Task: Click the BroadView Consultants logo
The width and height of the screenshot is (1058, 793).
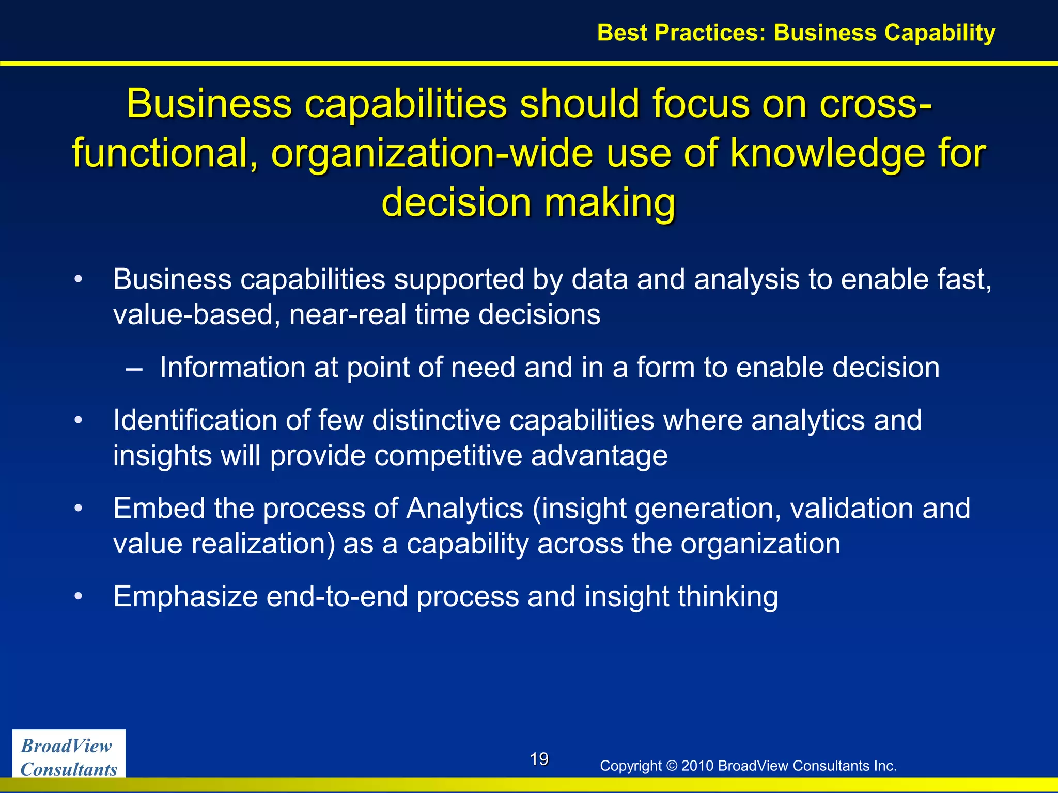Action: point(69,757)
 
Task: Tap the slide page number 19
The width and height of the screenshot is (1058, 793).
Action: point(539,759)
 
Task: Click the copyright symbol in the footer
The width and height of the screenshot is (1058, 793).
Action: point(671,766)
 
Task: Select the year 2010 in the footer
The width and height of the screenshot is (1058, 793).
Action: point(697,766)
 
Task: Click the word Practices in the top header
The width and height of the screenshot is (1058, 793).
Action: point(710,33)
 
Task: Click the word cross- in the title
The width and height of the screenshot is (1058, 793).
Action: point(876,104)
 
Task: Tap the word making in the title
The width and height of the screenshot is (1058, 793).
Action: point(610,202)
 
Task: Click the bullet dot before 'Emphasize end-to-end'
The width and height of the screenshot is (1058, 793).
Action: point(78,596)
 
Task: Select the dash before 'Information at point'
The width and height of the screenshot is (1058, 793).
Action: point(134,368)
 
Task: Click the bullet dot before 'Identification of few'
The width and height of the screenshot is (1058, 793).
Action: point(78,420)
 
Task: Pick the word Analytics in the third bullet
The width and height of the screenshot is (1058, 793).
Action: point(464,509)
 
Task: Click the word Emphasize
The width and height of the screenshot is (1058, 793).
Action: point(185,597)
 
